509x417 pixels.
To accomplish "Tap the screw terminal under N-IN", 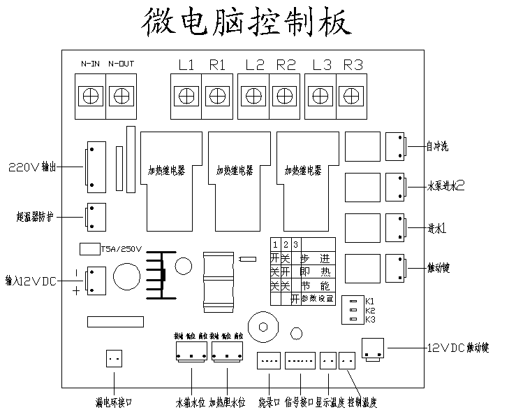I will [89, 94].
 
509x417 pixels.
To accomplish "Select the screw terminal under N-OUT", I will [122, 94].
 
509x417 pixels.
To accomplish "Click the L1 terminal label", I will [186, 66].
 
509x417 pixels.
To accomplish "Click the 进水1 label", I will [438, 228].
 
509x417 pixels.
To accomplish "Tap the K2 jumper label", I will [370, 310].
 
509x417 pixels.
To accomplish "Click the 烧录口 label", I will [269, 402].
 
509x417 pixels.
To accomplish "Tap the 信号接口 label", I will [299, 402].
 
